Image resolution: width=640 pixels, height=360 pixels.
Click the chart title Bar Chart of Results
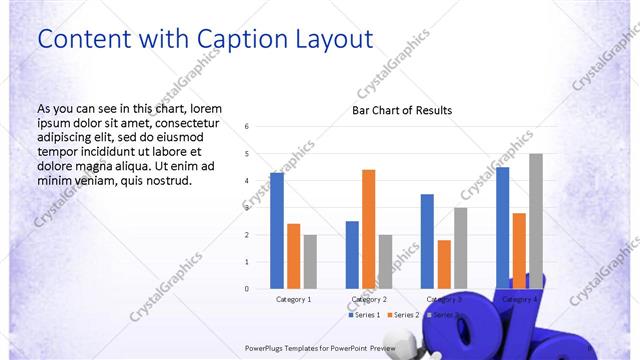pyautogui.click(x=402, y=110)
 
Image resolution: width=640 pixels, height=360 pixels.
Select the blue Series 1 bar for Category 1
pyautogui.click(x=277, y=230)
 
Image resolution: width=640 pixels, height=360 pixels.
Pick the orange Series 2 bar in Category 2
pyautogui.click(x=368, y=229)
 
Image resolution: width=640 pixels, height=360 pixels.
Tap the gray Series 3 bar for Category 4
pyautogui.click(x=536, y=221)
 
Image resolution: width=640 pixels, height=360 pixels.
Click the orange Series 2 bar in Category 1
pyautogui.click(x=293, y=256)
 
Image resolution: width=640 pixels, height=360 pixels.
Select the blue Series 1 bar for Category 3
pyautogui.click(x=427, y=241)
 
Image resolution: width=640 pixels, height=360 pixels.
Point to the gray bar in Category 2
pyautogui.click(x=385, y=261)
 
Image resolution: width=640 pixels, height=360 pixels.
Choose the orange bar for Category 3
pyautogui.click(x=444, y=264)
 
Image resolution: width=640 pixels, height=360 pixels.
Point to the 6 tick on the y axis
pyautogui.click(x=246, y=127)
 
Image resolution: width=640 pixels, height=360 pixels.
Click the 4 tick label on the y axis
pyautogui.click(x=246, y=181)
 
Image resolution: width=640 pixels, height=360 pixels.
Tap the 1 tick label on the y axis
pyautogui.click(x=246, y=262)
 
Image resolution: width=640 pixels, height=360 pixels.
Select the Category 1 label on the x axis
pyautogui.click(x=293, y=299)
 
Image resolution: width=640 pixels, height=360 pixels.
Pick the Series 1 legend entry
pyautogui.click(x=364, y=315)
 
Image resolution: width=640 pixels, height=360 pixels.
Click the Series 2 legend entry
pyautogui.click(x=402, y=315)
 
